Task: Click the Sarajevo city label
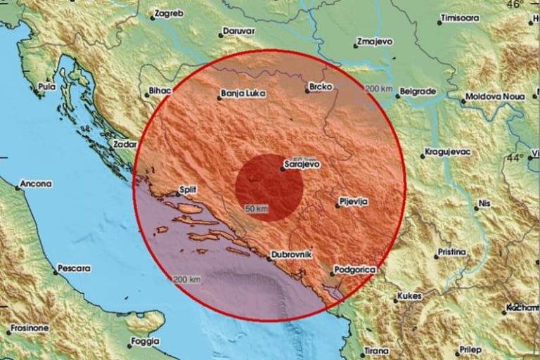coord(301,165)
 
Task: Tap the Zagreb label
coord(168,13)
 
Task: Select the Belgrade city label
coord(416,91)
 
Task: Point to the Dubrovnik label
coord(291,255)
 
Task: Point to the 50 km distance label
coord(257,208)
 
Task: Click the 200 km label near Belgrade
coord(379,89)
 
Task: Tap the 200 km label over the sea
coord(187,279)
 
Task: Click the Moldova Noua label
coord(495,96)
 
